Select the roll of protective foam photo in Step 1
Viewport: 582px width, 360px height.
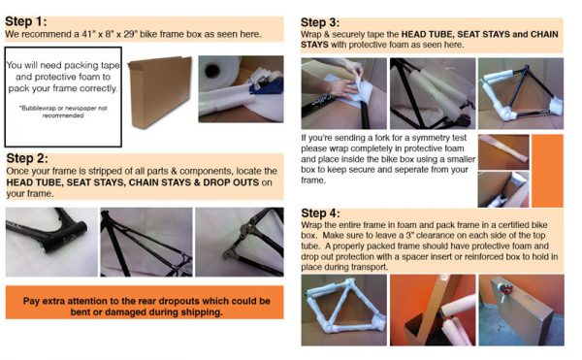(x=239, y=88)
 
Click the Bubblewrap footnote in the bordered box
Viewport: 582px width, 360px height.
(x=62, y=112)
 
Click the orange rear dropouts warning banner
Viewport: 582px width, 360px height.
(x=144, y=306)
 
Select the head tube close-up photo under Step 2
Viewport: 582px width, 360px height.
(x=49, y=241)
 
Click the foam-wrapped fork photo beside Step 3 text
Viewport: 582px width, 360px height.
(x=503, y=151)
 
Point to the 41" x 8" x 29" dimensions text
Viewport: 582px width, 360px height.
(x=129, y=34)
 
